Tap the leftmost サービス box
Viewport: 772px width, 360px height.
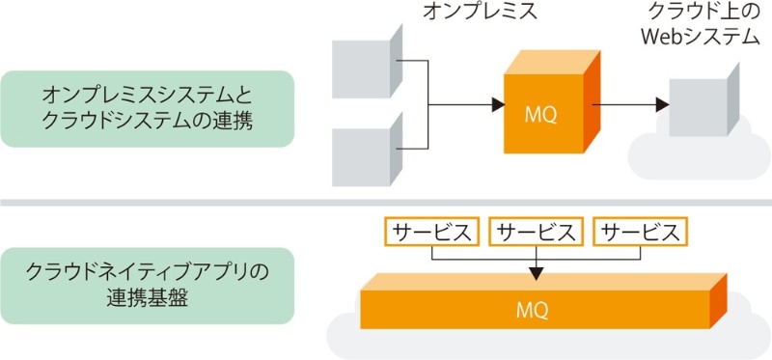tap(431, 232)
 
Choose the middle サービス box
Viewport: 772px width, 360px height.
tap(537, 232)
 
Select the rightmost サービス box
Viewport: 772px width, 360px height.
tap(641, 232)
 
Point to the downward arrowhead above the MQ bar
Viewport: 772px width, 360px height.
tap(537, 269)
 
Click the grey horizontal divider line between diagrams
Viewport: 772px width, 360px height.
tap(386, 202)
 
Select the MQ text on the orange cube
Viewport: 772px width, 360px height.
tap(540, 114)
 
